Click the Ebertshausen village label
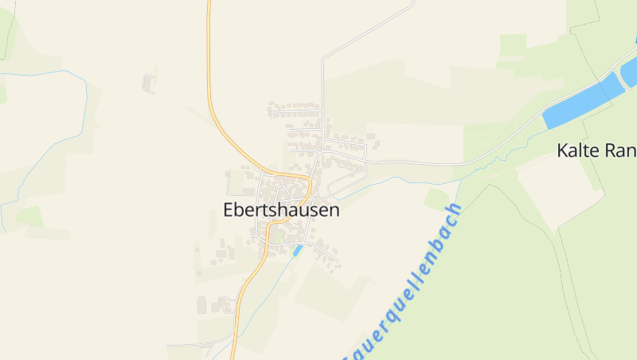click(x=282, y=210)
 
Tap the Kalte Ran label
click(x=596, y=150)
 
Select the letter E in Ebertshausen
click(x=229, y=210)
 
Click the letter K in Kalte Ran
click(x=563, y=150)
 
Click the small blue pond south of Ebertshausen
click(x=298, y=250)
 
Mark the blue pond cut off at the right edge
click(x=629, y=70)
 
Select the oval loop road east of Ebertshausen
click(x=344, y=182)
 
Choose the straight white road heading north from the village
click(x=322, y=88)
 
